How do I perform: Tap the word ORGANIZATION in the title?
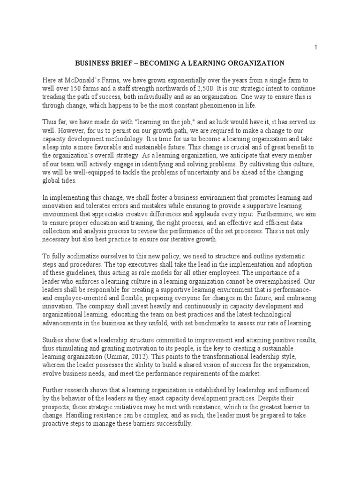pos(254,62)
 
